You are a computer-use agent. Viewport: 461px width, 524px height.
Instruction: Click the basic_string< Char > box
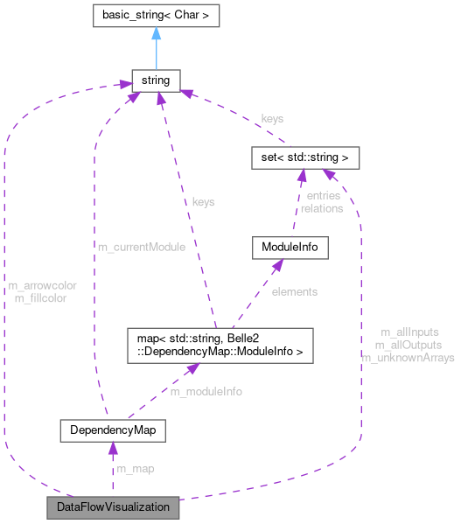pos(156,15)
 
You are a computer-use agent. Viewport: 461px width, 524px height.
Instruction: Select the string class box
pos(155,81)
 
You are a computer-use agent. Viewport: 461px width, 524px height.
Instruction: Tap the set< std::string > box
pos(300,158)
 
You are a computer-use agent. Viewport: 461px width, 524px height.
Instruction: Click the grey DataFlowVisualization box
pos(113,507)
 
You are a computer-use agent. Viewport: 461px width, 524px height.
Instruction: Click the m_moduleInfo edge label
pos(206,391)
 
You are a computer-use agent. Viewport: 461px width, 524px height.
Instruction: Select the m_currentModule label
pos(141,248)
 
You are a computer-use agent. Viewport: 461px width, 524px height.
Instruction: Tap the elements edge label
pos(294,291)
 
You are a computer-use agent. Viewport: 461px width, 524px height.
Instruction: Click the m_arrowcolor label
pos(42,285)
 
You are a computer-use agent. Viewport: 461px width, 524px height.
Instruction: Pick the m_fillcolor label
pos(41,297)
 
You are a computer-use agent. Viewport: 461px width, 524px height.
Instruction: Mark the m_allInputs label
pos(409,332)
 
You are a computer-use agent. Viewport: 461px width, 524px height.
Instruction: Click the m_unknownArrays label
pos(408,358)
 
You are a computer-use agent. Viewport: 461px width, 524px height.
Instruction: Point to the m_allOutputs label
pos(408,346)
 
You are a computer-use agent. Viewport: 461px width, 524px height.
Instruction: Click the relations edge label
pos(321,208)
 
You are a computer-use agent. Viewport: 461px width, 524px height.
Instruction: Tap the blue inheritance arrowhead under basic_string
pos(156,34)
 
